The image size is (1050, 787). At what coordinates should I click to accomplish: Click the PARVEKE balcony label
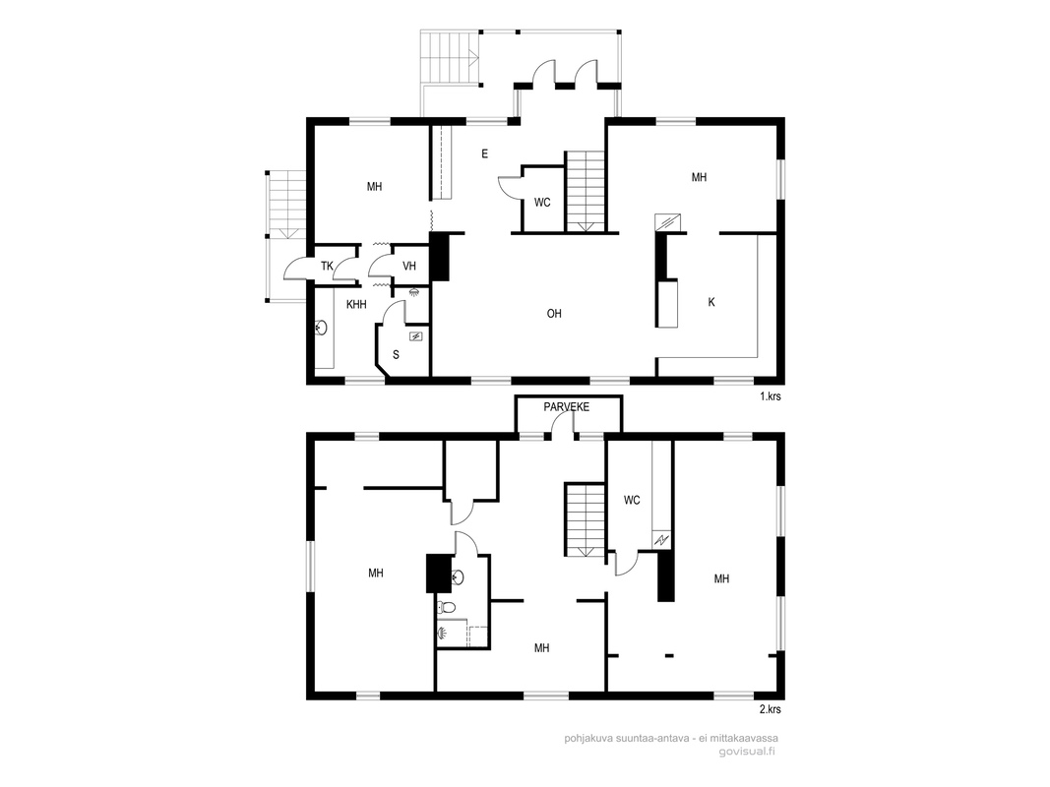[566, 407]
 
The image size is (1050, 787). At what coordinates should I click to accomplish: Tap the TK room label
[327, 267]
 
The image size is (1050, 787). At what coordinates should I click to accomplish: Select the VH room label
[409, 267]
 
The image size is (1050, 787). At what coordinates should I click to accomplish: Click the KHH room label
[356, 305]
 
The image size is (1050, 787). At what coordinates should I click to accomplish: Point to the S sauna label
[396, 355]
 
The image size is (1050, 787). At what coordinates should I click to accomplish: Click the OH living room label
[554, 313]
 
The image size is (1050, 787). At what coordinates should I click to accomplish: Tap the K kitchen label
[711, 302]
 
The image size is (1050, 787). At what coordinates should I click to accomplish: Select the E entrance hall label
[484, 153]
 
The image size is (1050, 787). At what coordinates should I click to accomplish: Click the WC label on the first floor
[542, 202]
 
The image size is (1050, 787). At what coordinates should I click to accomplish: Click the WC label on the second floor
[632, 500]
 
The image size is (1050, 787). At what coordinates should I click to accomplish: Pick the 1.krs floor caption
[771, 396]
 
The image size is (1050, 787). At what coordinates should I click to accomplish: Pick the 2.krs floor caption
[771, 708]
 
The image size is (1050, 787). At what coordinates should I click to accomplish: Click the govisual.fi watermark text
[747, 752]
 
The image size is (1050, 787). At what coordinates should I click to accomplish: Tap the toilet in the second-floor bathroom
[446, 608]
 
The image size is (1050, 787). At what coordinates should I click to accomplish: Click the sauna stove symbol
[416, 335]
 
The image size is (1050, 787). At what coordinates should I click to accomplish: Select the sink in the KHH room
[322, 328]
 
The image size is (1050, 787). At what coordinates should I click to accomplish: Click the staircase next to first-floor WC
[586, 192]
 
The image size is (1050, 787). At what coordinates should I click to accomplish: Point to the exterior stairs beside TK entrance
[287, 204]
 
